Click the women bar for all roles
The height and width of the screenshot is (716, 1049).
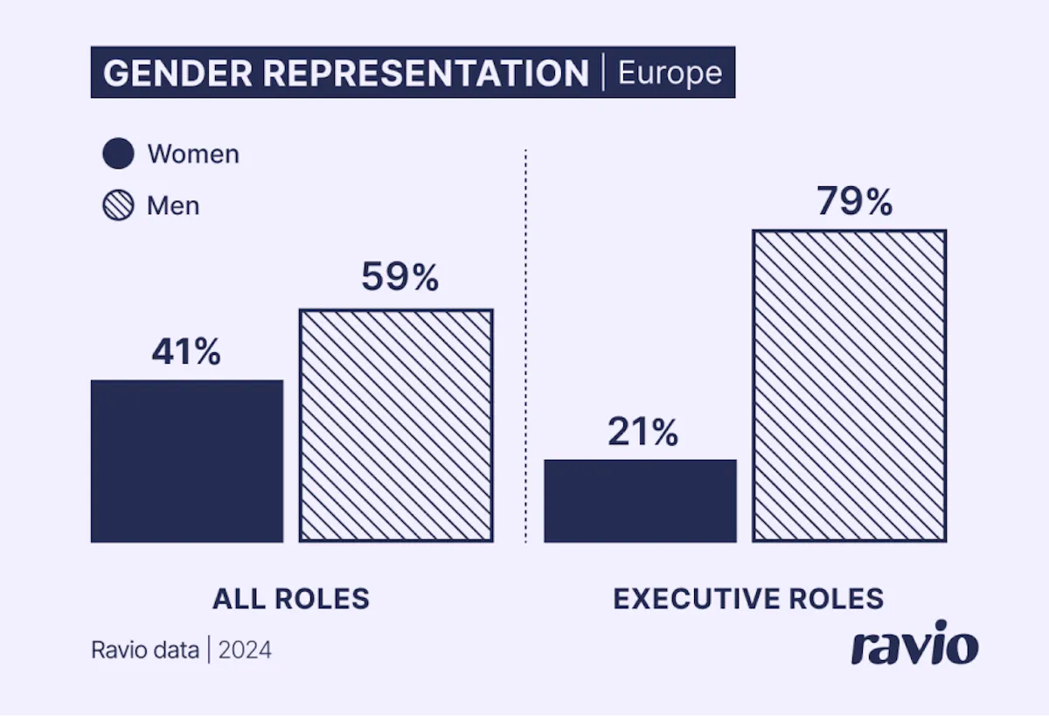[186, 461]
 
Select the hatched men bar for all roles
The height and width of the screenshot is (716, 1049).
[396, 426]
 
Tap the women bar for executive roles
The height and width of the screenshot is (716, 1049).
[640, 501]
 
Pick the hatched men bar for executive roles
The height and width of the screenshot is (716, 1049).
[849, 386]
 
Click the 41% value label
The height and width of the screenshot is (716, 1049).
[186, 351]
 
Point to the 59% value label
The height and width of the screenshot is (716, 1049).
[399, 278]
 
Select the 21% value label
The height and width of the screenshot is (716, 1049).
[643, 432]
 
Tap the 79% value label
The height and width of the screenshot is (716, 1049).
[854, 201]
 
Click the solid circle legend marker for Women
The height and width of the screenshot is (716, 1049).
[118, 154]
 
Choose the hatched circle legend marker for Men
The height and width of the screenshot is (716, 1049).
[118, 205]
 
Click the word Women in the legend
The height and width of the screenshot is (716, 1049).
[193, 154]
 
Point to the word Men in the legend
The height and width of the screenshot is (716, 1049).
[173, 205]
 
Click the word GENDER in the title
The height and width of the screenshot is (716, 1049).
[177, 73]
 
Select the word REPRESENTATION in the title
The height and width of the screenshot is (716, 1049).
[426, 73]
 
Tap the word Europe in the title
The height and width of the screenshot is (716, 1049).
[670, 73]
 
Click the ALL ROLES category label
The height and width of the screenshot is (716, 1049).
[291, 599]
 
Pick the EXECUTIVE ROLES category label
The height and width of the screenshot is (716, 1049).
[748, 599]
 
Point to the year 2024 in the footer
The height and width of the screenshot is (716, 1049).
[245, 650]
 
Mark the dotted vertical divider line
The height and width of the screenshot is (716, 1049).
[525, 350]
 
